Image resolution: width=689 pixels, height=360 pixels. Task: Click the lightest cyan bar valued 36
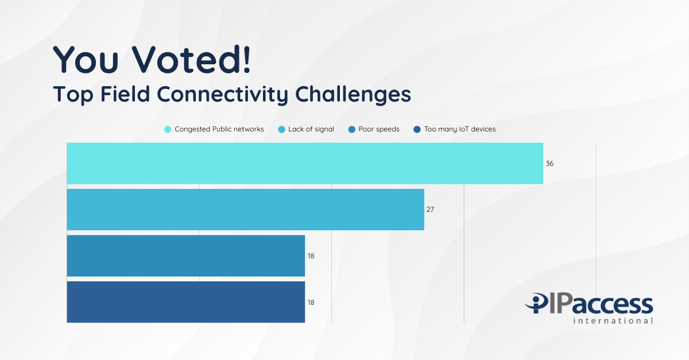(304, 164)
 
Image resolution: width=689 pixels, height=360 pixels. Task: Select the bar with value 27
(245, 210)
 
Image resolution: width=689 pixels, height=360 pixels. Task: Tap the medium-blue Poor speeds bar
(185, 256)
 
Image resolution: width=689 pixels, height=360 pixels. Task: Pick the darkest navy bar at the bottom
(185, 301)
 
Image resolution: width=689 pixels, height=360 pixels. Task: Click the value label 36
(549, 164)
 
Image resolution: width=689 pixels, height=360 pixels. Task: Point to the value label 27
(430, 210)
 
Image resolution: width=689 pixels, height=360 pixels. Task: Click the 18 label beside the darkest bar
(311, 302)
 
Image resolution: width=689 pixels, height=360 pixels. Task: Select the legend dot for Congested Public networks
(168, 129)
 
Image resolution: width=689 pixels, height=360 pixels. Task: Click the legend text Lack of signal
(311, 129)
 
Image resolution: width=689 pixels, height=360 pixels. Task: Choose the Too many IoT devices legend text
(459, 129)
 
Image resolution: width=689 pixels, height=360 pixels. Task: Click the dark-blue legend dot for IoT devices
(417, 129)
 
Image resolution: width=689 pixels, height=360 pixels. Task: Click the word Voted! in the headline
(195, 59)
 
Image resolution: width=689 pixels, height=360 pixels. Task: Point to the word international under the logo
(613, 320)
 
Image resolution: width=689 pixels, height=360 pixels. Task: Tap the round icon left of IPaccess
(539, 303)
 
